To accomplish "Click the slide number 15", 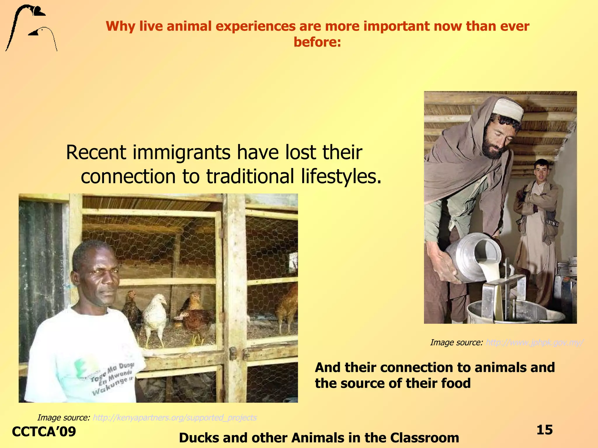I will (x=545, y=430).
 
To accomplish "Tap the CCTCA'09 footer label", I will (x=44, y=432).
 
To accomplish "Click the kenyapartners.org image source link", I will (x=175, y=418).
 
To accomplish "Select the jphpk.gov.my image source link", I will (x=534, y=342).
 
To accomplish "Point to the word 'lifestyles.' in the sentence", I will (x=341, y=177).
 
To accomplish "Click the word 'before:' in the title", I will (x=317, y=42).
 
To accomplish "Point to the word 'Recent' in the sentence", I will (x=96, y=153).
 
